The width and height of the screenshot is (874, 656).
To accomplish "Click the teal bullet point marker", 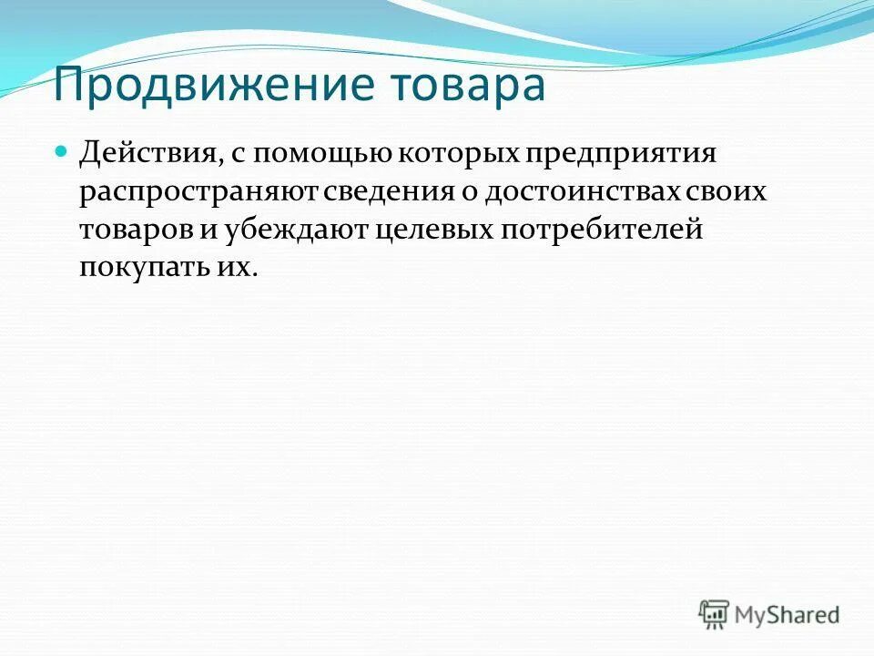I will click(62, 148).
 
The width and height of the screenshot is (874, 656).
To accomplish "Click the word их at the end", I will click(235, 267).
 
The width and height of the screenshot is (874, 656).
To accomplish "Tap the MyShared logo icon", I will click(715, 615).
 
